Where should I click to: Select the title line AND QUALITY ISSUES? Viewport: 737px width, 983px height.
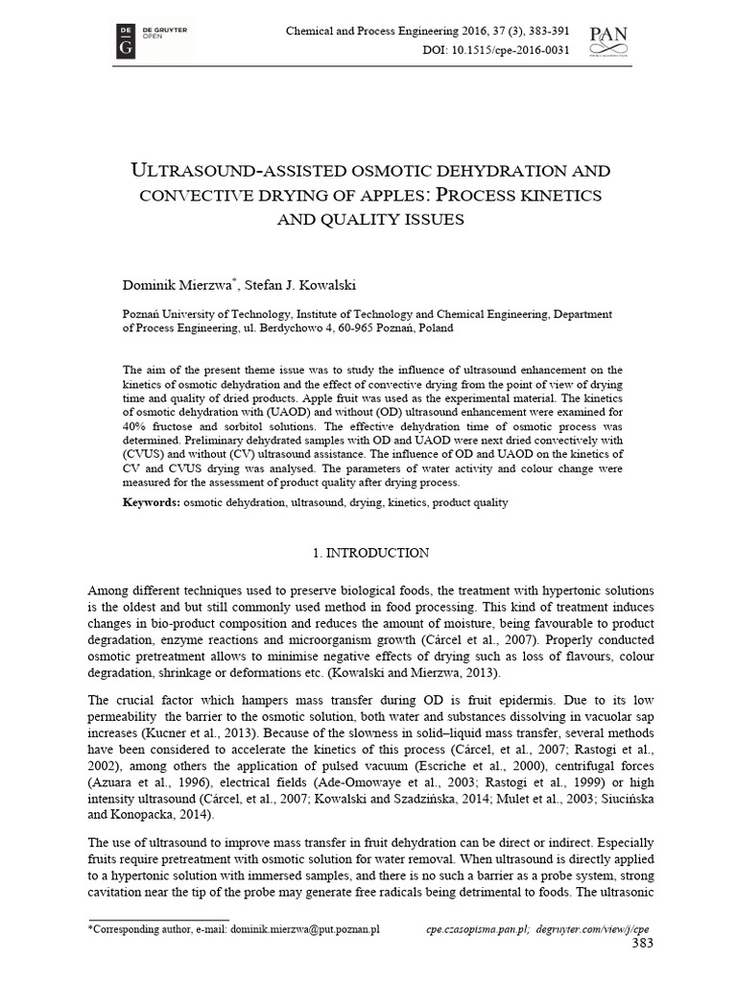point(369,219)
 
